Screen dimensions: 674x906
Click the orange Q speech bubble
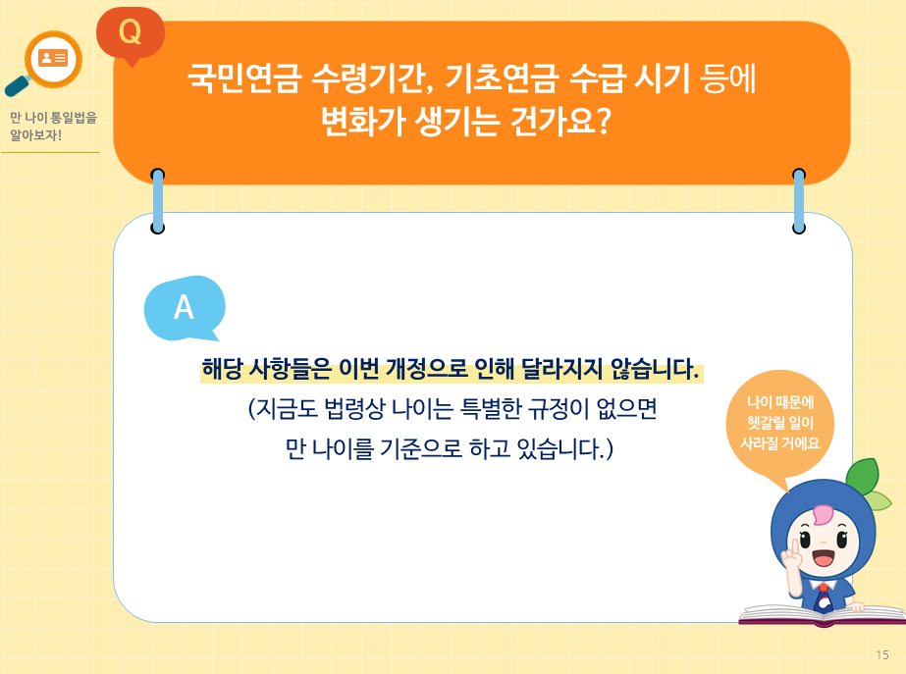130,32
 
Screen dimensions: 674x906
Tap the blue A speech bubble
184,307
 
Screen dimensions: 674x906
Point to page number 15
881,654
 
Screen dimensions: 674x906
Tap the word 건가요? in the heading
561,122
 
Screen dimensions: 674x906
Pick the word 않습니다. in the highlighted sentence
660,372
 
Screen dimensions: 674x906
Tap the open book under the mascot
823,615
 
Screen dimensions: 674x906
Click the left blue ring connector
157,201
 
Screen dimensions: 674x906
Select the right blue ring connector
798,201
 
